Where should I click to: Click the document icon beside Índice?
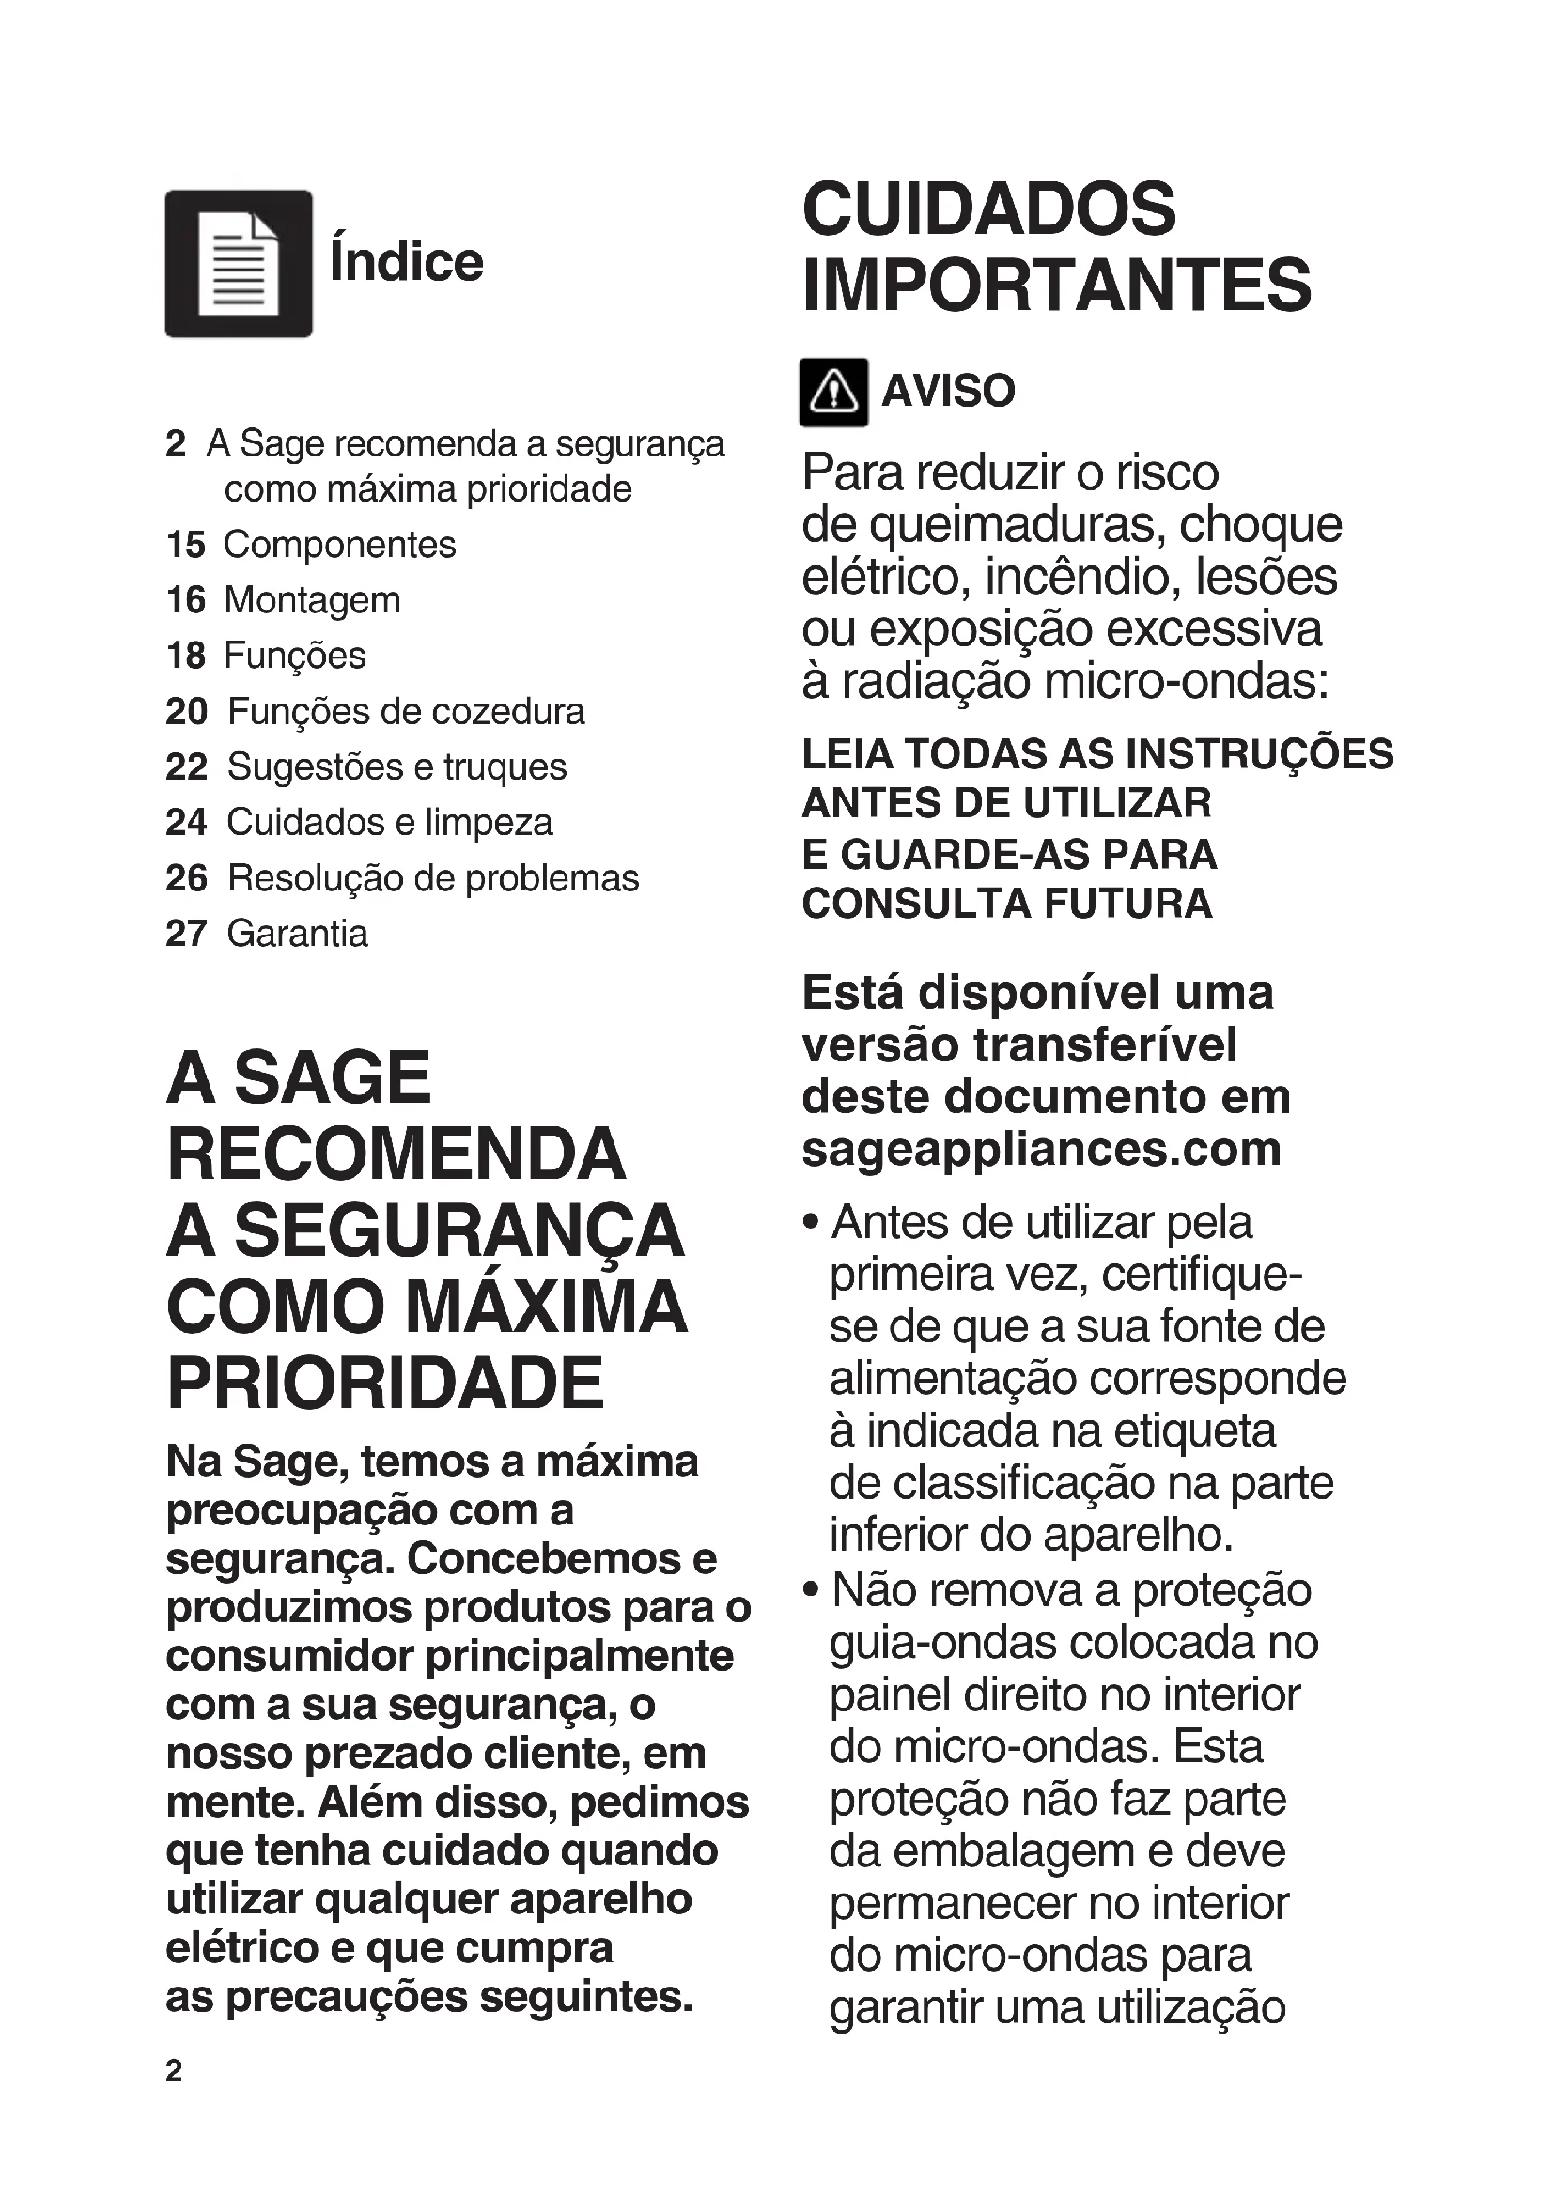[239, 263]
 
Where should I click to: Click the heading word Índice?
[407, 262]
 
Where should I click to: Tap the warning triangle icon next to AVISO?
[833, 393]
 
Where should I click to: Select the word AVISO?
[947, 392]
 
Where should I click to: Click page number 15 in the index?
[186, 545]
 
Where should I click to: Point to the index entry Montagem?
[312, 600]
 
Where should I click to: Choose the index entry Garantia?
[297, 933]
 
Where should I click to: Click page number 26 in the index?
[186, 877]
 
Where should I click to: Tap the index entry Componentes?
[340, 545]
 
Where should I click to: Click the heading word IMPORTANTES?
[1056, 286]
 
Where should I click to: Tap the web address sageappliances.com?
[1041, 1148]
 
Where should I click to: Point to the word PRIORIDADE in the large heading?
[385, 1383]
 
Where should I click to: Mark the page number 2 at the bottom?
[173, 2071]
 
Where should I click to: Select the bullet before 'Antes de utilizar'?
[812, 1223]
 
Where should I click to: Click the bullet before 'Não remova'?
[812, 1590]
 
